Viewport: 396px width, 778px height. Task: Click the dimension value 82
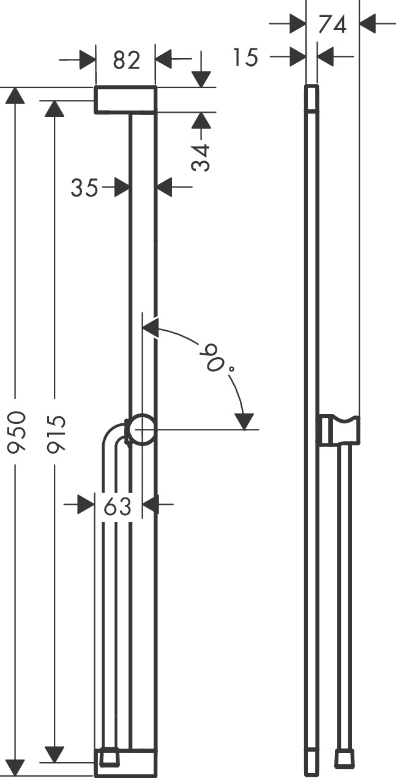[x=126, y=60]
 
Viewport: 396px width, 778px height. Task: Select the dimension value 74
[x=332, y=24]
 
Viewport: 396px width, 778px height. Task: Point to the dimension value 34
[x=201, y=157]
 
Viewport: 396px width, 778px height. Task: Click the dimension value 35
[x=84, y=187]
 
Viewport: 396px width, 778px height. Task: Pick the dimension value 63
[x=118, y=505]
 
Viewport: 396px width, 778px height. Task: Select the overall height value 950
[x=17, y=432]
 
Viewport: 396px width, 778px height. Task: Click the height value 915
[x=56, y=433]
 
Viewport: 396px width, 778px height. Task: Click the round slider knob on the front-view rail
[x=141, y=429]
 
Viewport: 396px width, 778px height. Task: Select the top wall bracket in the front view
[x=125, y=100]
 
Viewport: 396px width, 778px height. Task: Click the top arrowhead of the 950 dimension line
[x=17, y=97]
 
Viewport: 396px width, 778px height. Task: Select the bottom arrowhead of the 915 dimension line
[x=56, y=753]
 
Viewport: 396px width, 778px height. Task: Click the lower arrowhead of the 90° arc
[x=244, y=421]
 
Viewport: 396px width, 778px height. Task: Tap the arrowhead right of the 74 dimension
[x=368, y=24]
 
